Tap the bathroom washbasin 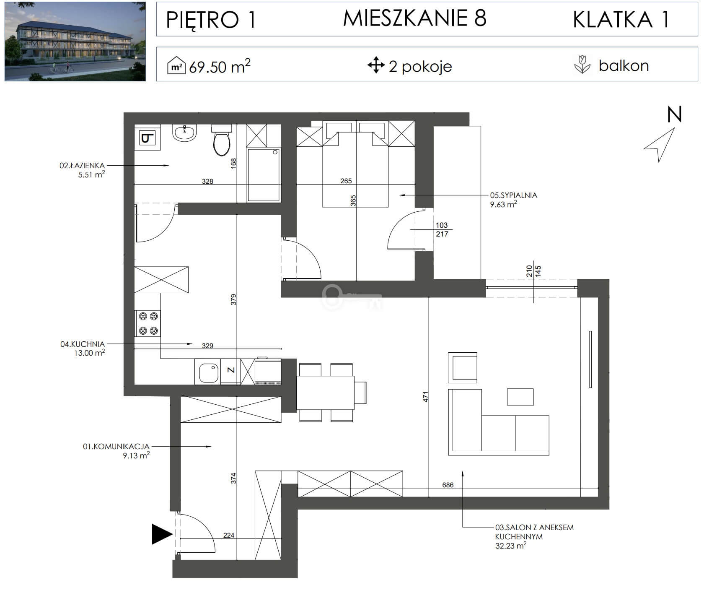(x=184, y=133)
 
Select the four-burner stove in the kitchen (x=148, y=323)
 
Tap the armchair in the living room (x=463, y=367)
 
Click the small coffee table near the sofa (x=520, y=397)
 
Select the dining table (x=325, y=393)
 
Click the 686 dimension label (x=448, y=485)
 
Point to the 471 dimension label (x=425, y=397)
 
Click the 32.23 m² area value (x=510, y=546)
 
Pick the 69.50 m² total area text (x=220, y=66)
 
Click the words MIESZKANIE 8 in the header (x=415, y=18)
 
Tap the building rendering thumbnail (x=75, y=41)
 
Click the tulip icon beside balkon (x=582, y=65)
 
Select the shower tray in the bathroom (x=264, y=174)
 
